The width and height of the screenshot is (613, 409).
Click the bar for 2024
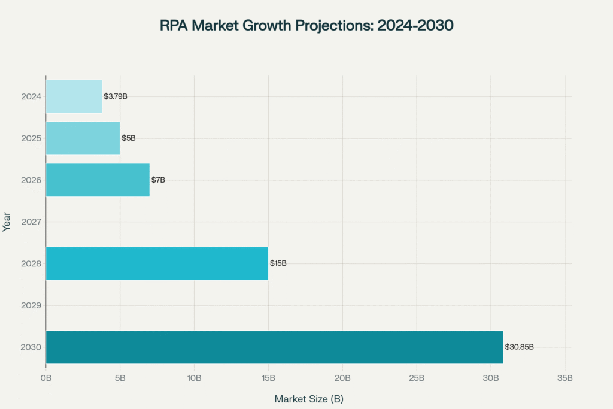point(74,96)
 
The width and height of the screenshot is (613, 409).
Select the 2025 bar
point(83,138)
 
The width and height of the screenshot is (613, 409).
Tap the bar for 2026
point(98,180)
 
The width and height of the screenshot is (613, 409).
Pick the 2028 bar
point(157,263)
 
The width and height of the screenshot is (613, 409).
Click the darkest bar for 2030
point(274,347)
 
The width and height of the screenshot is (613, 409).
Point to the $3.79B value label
point(115,96)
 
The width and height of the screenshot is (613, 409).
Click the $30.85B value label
point(520,347)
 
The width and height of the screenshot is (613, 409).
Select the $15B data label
point(278,263)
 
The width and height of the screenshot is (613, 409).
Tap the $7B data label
point(158,180)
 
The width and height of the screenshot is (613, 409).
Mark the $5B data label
point(129,138)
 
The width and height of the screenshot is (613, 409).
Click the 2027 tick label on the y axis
point(31,222)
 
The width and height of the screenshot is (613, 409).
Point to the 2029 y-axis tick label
point(31,305)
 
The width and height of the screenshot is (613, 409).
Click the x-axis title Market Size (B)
point(309,398)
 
